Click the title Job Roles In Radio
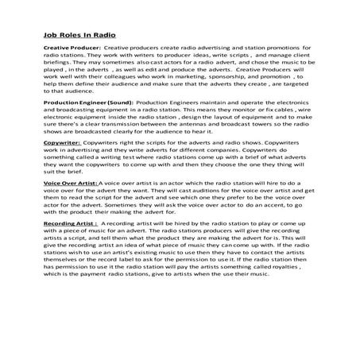79,35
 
